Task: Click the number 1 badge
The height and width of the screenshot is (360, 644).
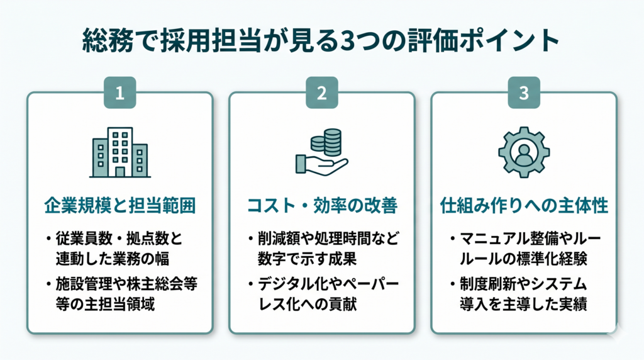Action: click(x=119, y=93)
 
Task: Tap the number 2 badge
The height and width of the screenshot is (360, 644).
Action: click(x=321, y=93)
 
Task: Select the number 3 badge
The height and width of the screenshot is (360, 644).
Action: click(x=524, y=93)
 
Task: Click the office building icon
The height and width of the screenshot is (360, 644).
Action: click(x=120, y=152)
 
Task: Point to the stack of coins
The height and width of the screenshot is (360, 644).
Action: click(x=326, y=142)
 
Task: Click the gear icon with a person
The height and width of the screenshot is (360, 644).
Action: click(x=524, y=152)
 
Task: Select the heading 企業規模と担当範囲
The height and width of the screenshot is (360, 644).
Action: click(x=120, y=205)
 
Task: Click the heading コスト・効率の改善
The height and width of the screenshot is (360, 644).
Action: click(x=322, y=205)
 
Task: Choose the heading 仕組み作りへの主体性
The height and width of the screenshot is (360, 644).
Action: click(x=524, y=205)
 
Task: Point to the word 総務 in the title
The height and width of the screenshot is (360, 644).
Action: click(x=108, y=41)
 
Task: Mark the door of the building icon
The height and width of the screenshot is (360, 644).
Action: click(x=120, y=172)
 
